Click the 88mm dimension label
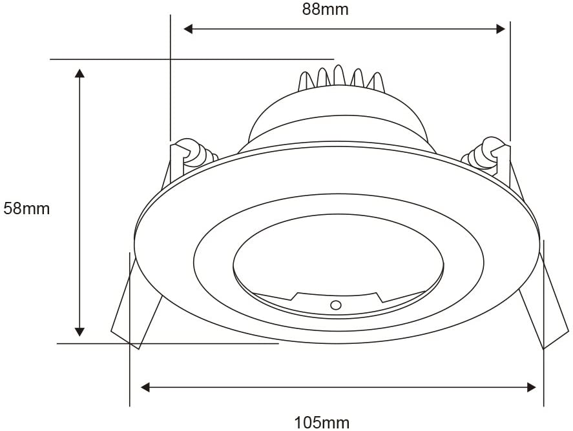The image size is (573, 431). click(x=325, y=10)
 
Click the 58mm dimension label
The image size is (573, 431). click(x=26, y=209)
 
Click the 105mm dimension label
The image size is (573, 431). click(x=322, y=423)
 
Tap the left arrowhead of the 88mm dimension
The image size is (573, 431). click(x=188, y=29)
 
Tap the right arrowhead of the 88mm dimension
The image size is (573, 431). click(x=501, y=29)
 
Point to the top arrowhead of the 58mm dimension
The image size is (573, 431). click(x=79, y=72)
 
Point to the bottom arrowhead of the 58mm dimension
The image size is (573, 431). click(x=79, y=332)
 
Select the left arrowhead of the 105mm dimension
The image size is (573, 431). click(x=145, y=387)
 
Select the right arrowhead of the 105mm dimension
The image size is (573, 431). click(x=532, y=387)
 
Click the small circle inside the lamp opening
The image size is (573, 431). click(x=335, y=305)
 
